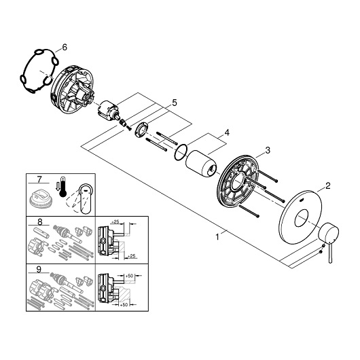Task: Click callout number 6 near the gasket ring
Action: tap(65, 48)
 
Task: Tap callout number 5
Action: tap(175, 103)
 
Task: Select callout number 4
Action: tap(227, 132)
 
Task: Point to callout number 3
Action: tap(268, 151)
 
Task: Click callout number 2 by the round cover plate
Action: tap(328, 185)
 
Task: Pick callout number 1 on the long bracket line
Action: tap(217, 236)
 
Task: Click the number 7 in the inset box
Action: tap(39, 179)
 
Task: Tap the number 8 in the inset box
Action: tap(39, 222)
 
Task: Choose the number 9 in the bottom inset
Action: tap(39, 270)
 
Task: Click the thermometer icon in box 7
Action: tap(62, 187)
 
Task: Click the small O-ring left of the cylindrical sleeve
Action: tap(181, 152)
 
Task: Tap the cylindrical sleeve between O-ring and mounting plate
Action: tap(201, 164)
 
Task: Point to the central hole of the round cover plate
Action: tap(302, 218)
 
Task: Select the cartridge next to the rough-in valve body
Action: tap(108, 110)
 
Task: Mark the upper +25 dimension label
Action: tap(115, 222)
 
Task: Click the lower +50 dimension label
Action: tap(124, 305)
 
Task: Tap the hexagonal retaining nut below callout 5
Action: tap(142, 130)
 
